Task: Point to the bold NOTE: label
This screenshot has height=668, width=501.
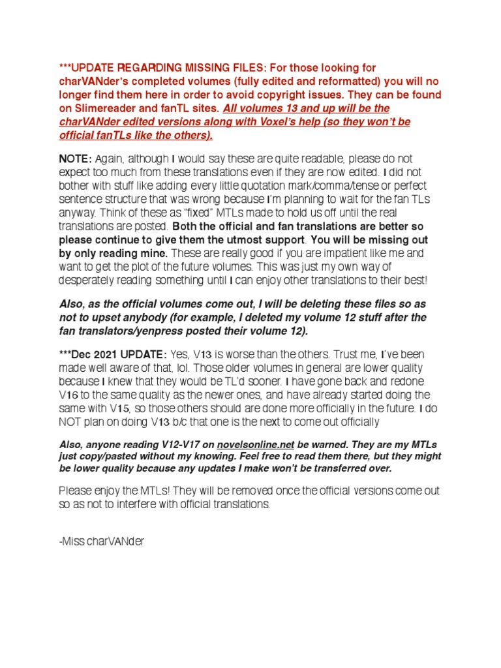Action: pos(76,159)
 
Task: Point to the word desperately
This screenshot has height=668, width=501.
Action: pos(91,281)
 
